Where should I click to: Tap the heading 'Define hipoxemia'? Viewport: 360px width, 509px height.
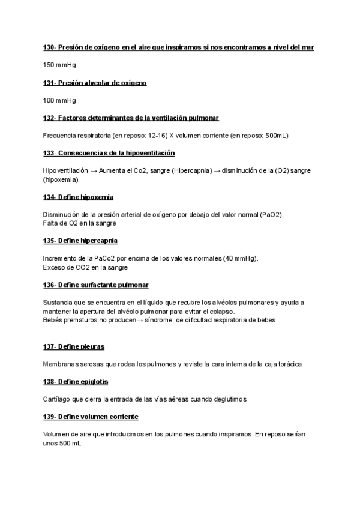(x=85, y=197)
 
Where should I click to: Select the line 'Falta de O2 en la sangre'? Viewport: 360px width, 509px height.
(x=80, y=223)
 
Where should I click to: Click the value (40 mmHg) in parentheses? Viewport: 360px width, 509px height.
(x=237, y=258)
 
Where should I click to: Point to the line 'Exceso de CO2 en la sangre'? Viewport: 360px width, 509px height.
(x=85, y=267)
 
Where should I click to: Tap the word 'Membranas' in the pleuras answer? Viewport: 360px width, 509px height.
(x=62, y=364)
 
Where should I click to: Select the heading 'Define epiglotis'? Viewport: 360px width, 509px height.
(x=83, y=381)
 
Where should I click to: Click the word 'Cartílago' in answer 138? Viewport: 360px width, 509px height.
(x=58, y=399)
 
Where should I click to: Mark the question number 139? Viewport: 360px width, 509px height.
(x=49, y=417)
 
